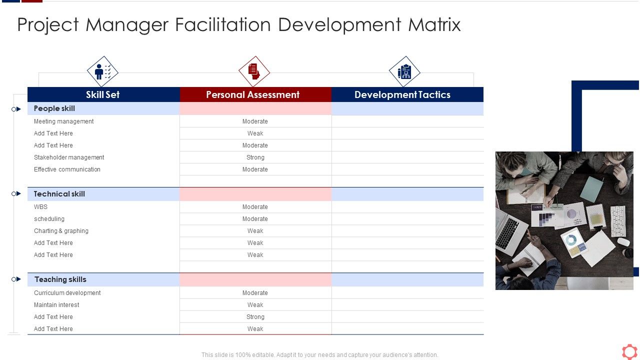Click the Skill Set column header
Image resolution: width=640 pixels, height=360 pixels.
[102, 94]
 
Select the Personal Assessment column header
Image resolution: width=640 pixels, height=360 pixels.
[252, 94]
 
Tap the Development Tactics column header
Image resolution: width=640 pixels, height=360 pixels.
[402, 94]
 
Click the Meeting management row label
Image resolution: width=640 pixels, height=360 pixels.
[63, 121]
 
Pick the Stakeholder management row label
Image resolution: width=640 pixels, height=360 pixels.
[69, 157]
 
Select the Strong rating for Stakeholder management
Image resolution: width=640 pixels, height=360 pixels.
[255, 157]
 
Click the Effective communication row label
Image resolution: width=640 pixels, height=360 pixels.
[67, 169]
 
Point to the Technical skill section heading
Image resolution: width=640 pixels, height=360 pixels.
[59, 194]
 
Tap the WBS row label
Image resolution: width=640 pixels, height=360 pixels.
[40, 207]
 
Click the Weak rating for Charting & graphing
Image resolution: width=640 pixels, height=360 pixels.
[255, 231]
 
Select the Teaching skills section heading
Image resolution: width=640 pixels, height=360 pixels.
[60, 279]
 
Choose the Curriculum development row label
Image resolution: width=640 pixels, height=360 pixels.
[67, 293]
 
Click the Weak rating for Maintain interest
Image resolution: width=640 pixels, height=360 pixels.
[255, 305]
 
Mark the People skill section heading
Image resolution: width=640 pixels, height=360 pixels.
[54, 108]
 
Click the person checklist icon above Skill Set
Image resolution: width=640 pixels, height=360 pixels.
[102, 71]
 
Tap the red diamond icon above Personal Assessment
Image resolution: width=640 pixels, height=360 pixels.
[254, 71]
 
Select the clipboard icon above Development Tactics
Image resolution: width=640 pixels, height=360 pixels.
[404, 71]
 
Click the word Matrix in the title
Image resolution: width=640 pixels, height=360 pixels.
[434, 24]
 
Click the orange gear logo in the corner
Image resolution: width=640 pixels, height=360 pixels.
[629, 351]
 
